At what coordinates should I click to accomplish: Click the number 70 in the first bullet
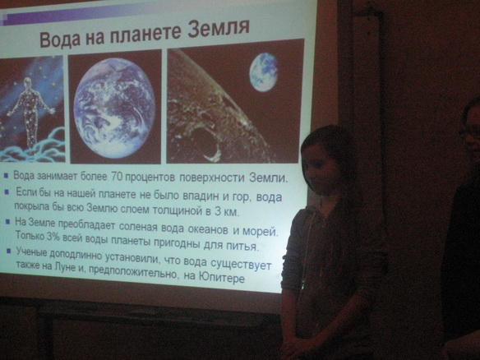pyautogui.click(x=117, y=177)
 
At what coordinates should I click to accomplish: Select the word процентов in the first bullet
pyautogui.click(x=150, y=178)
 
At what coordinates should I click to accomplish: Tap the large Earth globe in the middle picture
pyautogui.click(x=114, y=108)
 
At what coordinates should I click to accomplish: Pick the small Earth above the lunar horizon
pyautogui.click(x=263, y=72)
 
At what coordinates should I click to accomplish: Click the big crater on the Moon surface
pyautogui.click(x=202, y=143)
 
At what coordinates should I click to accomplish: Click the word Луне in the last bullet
pyautogui.click(x=64, y=266)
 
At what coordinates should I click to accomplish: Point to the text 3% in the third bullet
pyautogui.click(x=53, y=237)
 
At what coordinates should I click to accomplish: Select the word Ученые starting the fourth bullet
pyautogui.click(x=31, y=252)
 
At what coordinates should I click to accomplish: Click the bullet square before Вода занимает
pyautogui.click(x=6, y=175)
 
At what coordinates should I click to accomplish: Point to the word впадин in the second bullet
pyautogui.click(x=201, y=196)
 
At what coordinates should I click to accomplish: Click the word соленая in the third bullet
pyautogui.click(x=138, y=227)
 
